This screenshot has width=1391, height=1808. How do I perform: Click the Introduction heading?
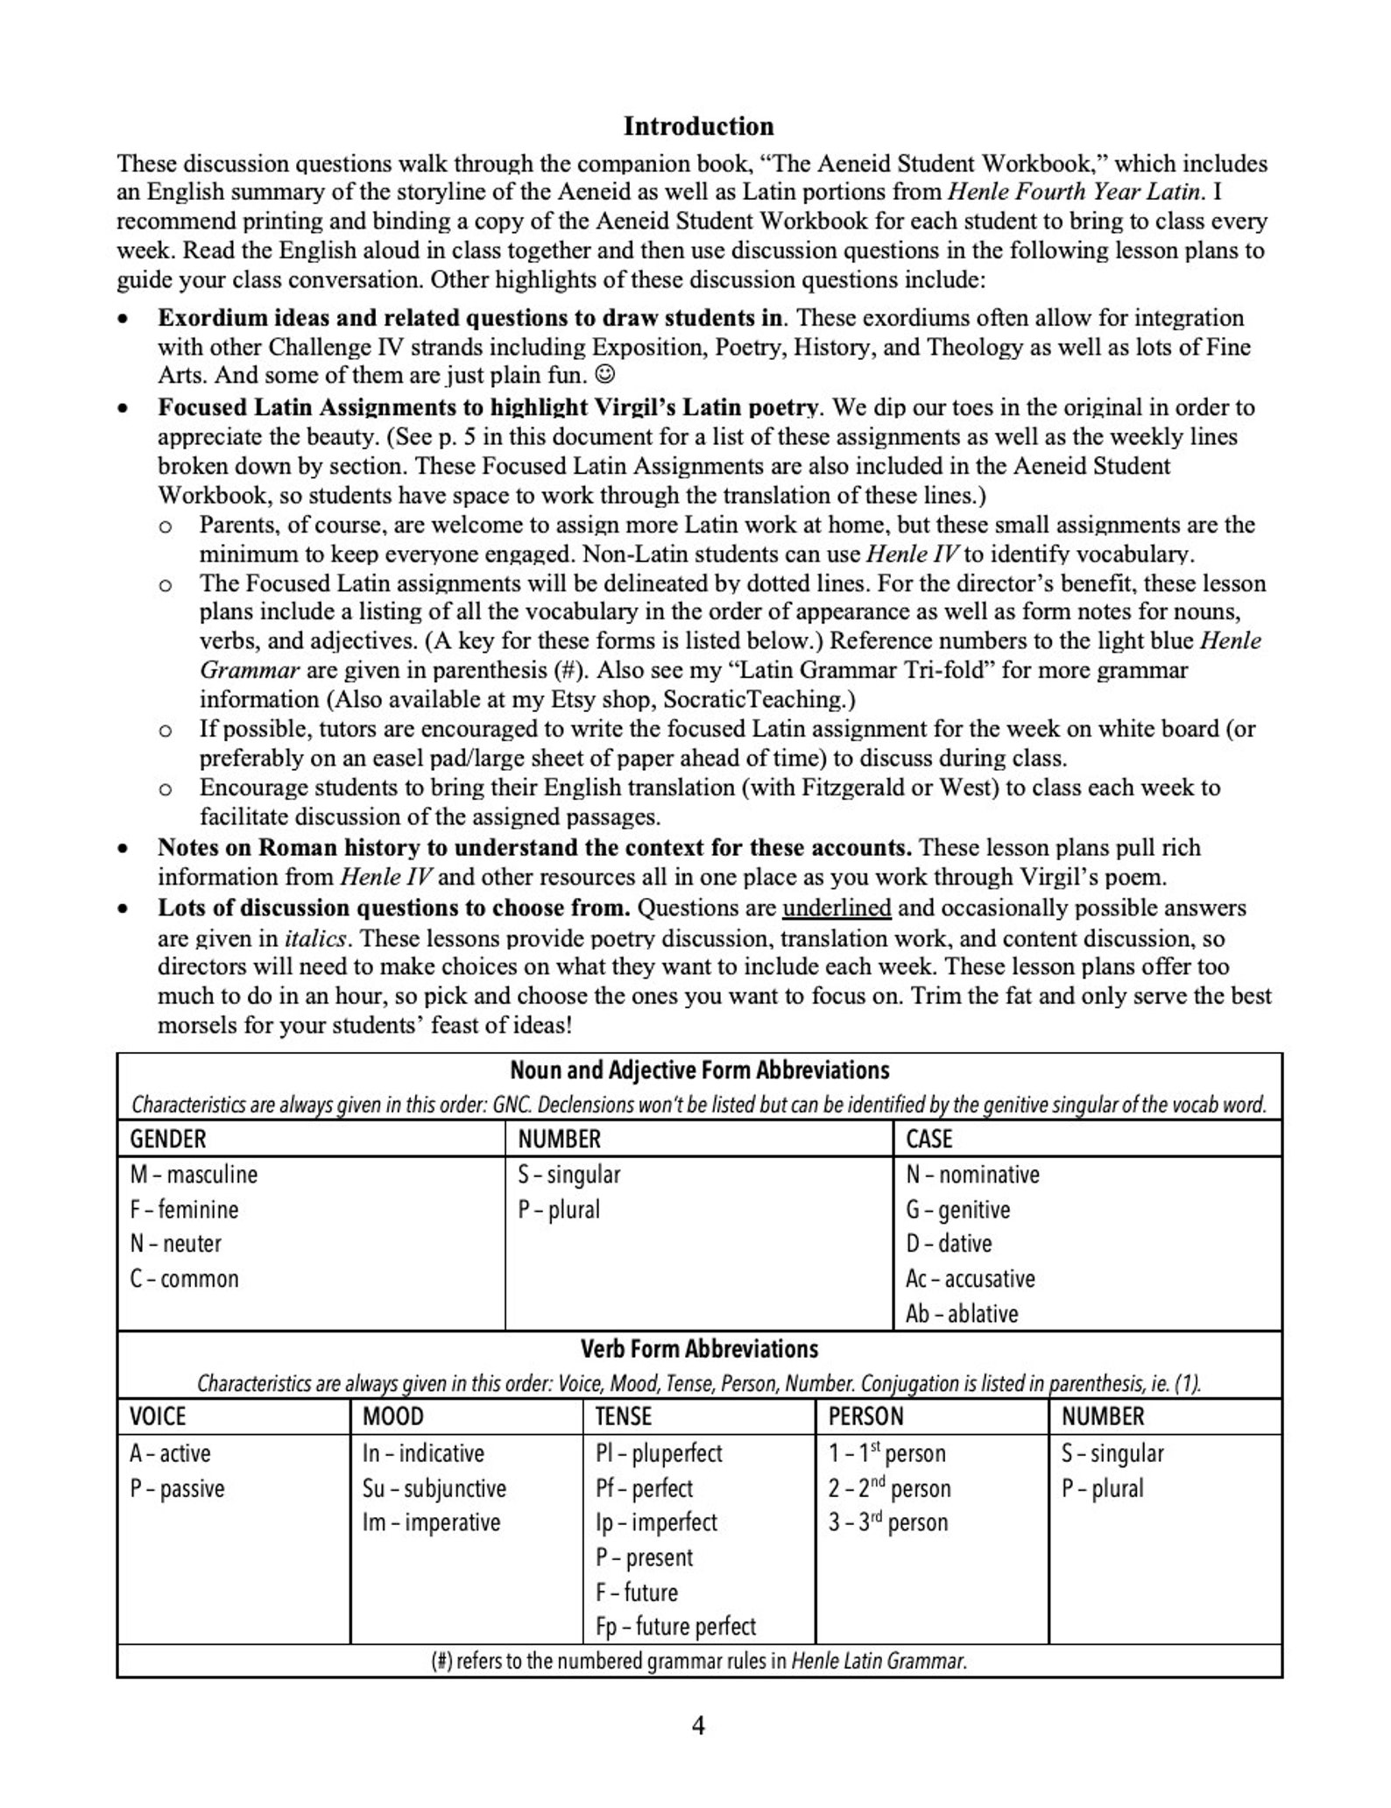pos(698,126)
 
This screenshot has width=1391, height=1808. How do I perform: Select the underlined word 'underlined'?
pos(837,908)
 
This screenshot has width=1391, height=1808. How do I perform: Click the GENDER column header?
pos(168,1139)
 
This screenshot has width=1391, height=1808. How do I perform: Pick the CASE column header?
pos(929,1139)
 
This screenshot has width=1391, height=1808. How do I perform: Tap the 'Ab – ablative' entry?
pos(962,1314)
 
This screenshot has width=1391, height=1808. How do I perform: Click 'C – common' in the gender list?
pos(184,1279)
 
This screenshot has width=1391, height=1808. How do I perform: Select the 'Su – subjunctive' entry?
pos(434,1488)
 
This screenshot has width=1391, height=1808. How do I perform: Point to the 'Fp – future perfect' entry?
pos(675,1627)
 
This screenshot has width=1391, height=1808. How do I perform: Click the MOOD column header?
pos(392,1416)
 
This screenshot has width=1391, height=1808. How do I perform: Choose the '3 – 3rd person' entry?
pos(888,1522)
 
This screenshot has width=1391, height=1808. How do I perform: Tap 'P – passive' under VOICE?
pos(177,1488)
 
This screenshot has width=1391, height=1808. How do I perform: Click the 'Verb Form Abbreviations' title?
pos(699,1349)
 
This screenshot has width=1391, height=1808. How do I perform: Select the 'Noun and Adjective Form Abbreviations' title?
pos(699,1070)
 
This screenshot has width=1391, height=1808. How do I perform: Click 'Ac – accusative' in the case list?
pos(970,1279)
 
